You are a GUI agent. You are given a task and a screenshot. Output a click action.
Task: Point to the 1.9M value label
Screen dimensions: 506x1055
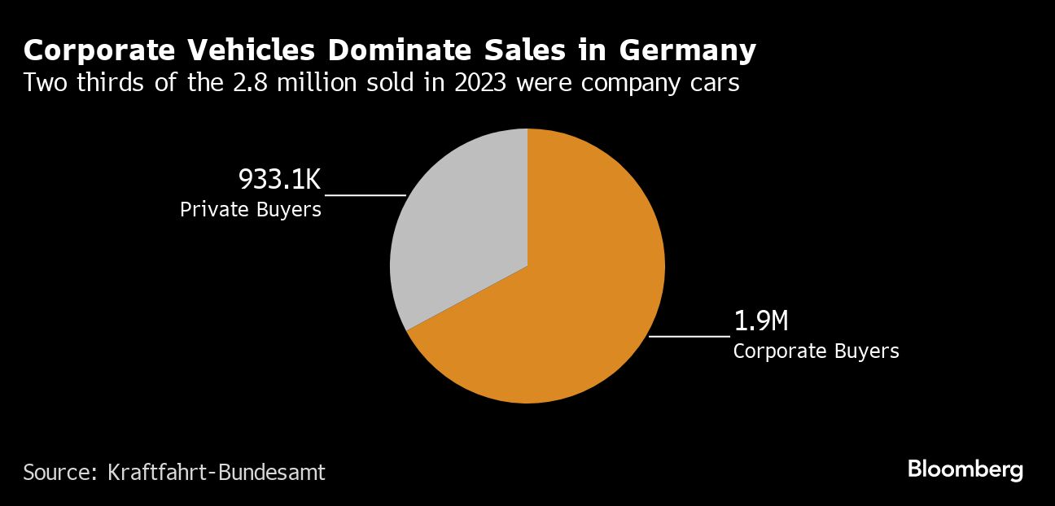(x=761, y=321)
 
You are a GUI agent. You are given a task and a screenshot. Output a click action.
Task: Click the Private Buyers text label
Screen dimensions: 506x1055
(x=251, y=210)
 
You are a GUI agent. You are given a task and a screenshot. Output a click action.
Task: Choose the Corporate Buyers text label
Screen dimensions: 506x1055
(x=816, y=351)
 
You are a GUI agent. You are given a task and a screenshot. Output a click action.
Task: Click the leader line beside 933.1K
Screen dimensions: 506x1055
(x=365, y=195)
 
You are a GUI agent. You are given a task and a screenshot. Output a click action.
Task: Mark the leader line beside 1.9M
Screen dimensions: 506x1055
(x=689, y=335)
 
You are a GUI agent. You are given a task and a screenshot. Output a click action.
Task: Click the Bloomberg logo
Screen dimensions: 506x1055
(x=965, y=469)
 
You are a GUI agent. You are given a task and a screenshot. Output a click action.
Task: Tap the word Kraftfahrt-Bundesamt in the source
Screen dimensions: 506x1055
(x=217, y=472)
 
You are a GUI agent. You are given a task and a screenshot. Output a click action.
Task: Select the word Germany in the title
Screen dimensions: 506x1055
(x=687, y=50)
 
